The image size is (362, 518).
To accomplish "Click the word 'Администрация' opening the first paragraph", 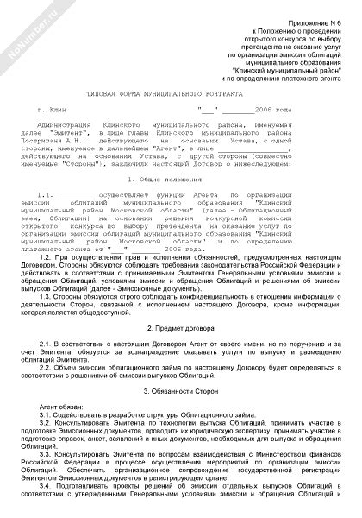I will click(82, 132).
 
